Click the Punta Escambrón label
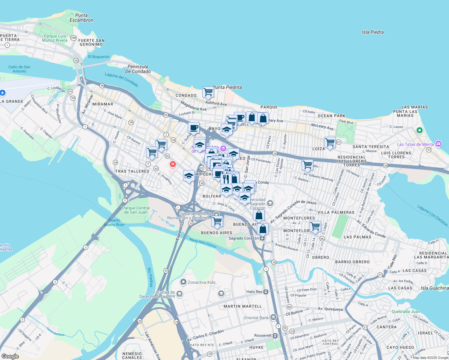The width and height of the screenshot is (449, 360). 81,18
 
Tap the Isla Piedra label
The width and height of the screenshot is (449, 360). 372,32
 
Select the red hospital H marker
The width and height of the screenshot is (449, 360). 173,164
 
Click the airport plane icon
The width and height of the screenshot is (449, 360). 3,93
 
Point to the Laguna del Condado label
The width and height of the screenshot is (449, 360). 122,79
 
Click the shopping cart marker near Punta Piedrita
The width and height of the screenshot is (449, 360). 208,92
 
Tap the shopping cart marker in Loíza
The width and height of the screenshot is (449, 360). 330,142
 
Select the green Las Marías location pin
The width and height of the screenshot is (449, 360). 420,130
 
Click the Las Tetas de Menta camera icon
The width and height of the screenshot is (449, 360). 438,144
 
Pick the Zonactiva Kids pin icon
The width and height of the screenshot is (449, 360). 183,282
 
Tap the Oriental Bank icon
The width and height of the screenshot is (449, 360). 273,317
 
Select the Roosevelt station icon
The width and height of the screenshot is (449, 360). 275,335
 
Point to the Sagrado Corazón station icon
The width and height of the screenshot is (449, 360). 262,238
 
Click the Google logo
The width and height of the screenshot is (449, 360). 10,356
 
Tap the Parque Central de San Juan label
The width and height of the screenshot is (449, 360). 136,210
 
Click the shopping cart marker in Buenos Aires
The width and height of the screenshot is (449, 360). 217,221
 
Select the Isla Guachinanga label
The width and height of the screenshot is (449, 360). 434,288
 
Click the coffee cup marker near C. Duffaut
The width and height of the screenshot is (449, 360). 194,128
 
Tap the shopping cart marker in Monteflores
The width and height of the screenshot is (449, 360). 315,226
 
